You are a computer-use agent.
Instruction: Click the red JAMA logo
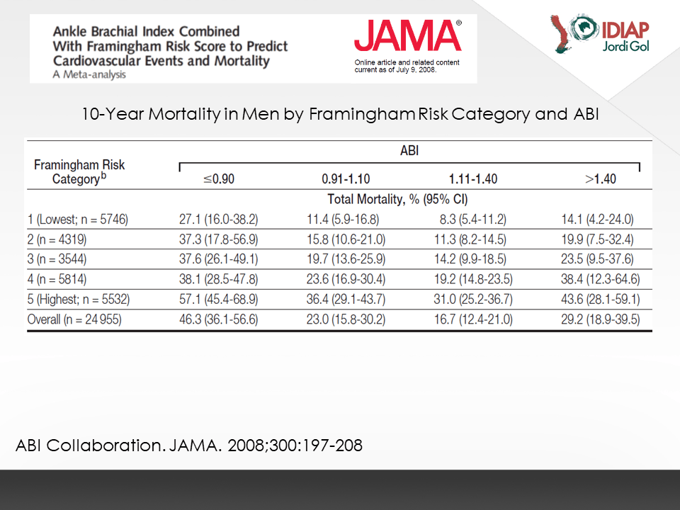pyautogui.click(x=408, y=36)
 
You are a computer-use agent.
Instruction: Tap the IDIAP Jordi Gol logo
pyautogui.click(x=600, y=34)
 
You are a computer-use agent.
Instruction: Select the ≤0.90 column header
pyautogui.click(x=219, y=178)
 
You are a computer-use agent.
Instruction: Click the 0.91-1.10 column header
pyautogui.click(x=346, y=178)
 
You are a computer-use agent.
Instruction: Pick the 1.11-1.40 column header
pyautogui.click(x=473, y=178)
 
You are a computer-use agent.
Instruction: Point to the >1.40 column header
pyautogui.click(x=601, y=178)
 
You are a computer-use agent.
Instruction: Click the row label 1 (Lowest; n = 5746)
pyautogui.click(x=78, y=219)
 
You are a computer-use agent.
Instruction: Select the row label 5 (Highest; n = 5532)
pyautogui.click(x=79, y=299)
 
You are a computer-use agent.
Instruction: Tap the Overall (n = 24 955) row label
pyautogui.click(x=74, y=319)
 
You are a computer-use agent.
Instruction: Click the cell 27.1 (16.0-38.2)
pyautogui.click(x=219, y=219)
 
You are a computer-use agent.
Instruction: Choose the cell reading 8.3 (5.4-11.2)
pyautogui.click(x=473, y=219)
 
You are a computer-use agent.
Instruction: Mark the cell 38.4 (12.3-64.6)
pyautogui.click(x=601, y=279)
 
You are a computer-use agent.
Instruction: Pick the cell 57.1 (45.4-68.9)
pyautogui.click(x=219, y=299)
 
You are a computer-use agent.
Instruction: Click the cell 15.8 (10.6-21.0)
pyautogui.click(x=346, y=239)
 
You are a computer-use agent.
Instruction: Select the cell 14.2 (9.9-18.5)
pyautogui.click(x=470, y=259)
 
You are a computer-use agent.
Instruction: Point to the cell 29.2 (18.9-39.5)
pyautogui.click(x=601, y=319)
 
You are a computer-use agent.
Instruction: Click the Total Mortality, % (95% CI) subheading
pyautogui.click(x=397, y=199)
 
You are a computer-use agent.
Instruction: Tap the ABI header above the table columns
pyautogui.click(x=409, y=150)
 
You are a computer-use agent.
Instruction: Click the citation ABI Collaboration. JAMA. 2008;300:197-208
pyautogui.click(x=189, y=446)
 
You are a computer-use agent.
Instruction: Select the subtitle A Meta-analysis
pyautogui.click(x=89, y=74)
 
